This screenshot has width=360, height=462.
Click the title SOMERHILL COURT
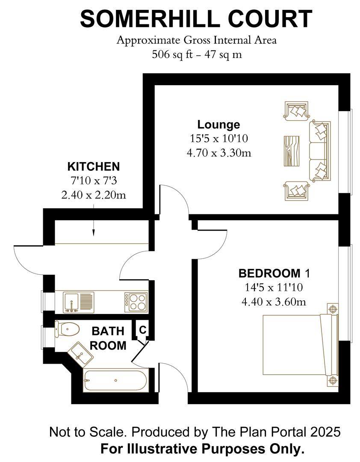[x=196, y=19]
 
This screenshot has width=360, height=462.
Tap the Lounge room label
[x=218, y=124]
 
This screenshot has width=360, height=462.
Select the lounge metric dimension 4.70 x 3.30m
[x=218, y=152]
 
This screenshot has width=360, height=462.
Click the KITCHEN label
[x=94, y=166]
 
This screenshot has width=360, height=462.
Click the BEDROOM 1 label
[x=273, y=273]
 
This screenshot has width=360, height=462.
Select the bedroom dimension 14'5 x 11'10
[x=273, y=287]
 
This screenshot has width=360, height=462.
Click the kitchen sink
[x=75, y=302]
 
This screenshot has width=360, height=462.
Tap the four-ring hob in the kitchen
[x=136, y=302]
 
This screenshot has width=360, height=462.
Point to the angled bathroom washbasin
[x=80, y=353]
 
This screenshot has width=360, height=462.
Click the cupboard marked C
[x=143, y=330]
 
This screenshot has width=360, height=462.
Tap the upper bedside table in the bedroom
[x=332, y=309]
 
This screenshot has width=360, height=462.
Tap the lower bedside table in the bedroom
[x=332, y=379]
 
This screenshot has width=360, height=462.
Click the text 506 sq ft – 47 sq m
[x=196, y=55]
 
